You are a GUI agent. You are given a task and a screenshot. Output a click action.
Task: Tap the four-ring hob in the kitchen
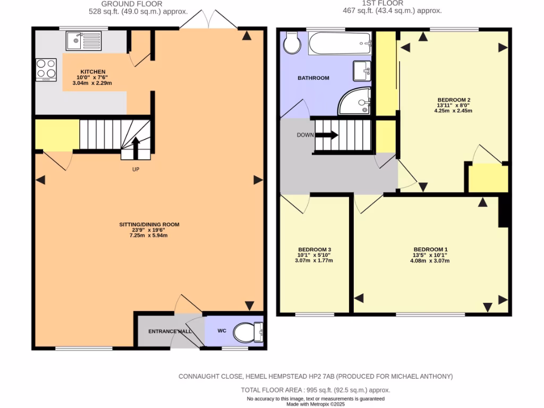[x=46, y=69]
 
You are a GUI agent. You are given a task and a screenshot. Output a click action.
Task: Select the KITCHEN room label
[x=93, y=72]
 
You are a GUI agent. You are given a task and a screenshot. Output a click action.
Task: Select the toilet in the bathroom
[x=291, y=43]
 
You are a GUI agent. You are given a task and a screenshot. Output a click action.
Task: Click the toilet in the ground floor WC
[x=248, y=333]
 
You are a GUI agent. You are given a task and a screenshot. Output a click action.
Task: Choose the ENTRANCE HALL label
[x=169, y=331]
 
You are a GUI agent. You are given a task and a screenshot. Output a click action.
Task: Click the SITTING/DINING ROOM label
[x=149, y=225]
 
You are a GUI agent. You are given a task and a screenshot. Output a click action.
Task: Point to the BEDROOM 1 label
[x=431, y=250]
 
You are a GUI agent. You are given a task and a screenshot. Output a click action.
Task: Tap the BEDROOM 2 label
[x=454, y=100]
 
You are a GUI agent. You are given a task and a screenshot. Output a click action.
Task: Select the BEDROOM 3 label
[x=314, y=250]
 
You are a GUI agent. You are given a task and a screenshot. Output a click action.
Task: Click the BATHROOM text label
[x=313, y=78]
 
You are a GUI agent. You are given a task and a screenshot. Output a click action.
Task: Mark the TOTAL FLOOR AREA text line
[x=315, y=390]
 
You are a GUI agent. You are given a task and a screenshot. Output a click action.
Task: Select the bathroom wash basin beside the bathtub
[x=362, y=69]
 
